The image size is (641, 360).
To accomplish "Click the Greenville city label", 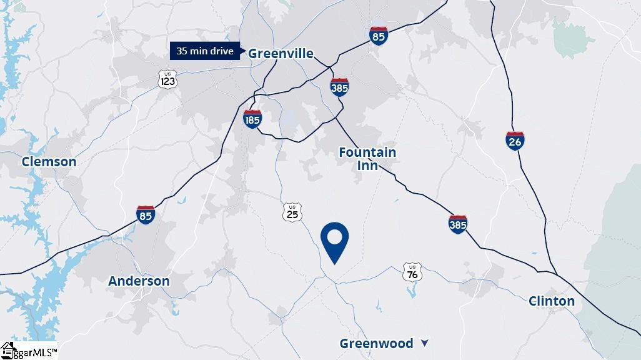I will click(x=281, y=53).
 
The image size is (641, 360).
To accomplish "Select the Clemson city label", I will click(x=49, y=162).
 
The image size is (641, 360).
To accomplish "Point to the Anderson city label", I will click(x=139, y=281).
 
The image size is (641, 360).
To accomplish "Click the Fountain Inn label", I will click(x=367, y=159).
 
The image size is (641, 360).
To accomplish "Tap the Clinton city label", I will click(x=552, y=301).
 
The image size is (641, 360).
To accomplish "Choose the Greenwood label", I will click(x=376, y=344).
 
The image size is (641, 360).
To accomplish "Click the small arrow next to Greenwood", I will click(x=425, y=342).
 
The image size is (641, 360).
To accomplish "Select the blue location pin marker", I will click(x=334, y=241).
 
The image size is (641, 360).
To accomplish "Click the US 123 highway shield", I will click(x=167, y=79).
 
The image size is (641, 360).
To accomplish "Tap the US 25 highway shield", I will click(x=292, y=212).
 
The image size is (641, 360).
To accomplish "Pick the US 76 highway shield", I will click(x=412, y=271).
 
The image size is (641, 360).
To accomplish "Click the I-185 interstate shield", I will click(x=252, y=119).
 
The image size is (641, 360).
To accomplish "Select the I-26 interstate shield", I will click(x=515, y=141).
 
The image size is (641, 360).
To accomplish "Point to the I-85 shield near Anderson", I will click(x=146, y=214).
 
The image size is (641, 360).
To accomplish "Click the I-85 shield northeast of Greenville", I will click(x=378, y=36).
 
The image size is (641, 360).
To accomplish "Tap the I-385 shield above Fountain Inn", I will click(x=339, y=87).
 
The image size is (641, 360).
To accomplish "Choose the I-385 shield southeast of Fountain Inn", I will click(x=457, y=223).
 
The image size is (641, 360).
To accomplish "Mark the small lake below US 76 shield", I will click(x=412, y=291).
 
